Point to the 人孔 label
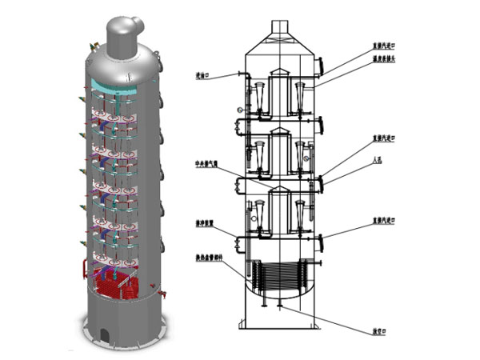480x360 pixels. [x=377, y=160]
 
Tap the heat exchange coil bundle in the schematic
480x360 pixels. [x=280, y=280]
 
